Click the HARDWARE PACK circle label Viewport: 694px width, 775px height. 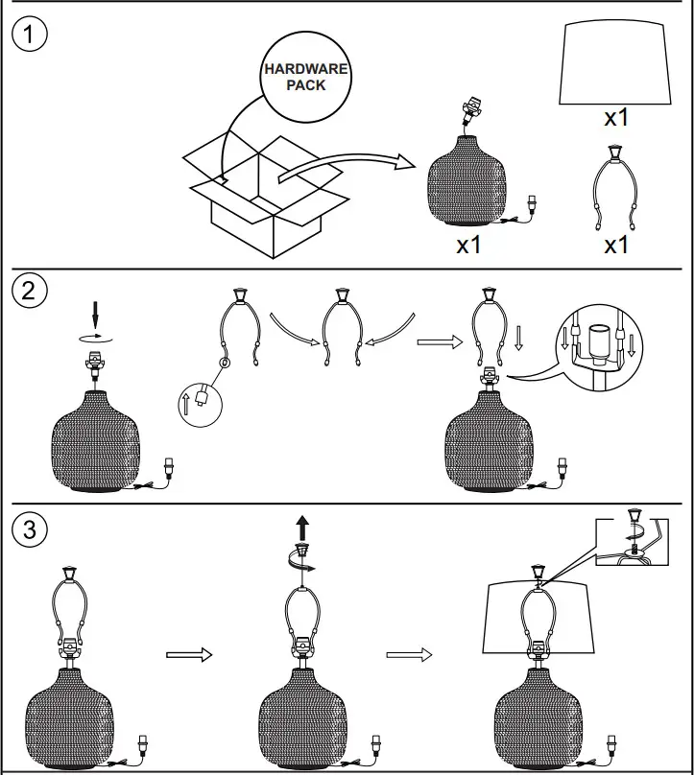(x=306, y=78)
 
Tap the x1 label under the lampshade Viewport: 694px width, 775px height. (x=615, y=118)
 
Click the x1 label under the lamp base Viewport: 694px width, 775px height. (x=468, y=245)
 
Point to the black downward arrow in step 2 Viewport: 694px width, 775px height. (x=95, y=314)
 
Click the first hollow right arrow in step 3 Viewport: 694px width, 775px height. (x=188, y=655)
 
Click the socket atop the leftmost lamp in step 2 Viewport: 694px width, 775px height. (x=95, y=363)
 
